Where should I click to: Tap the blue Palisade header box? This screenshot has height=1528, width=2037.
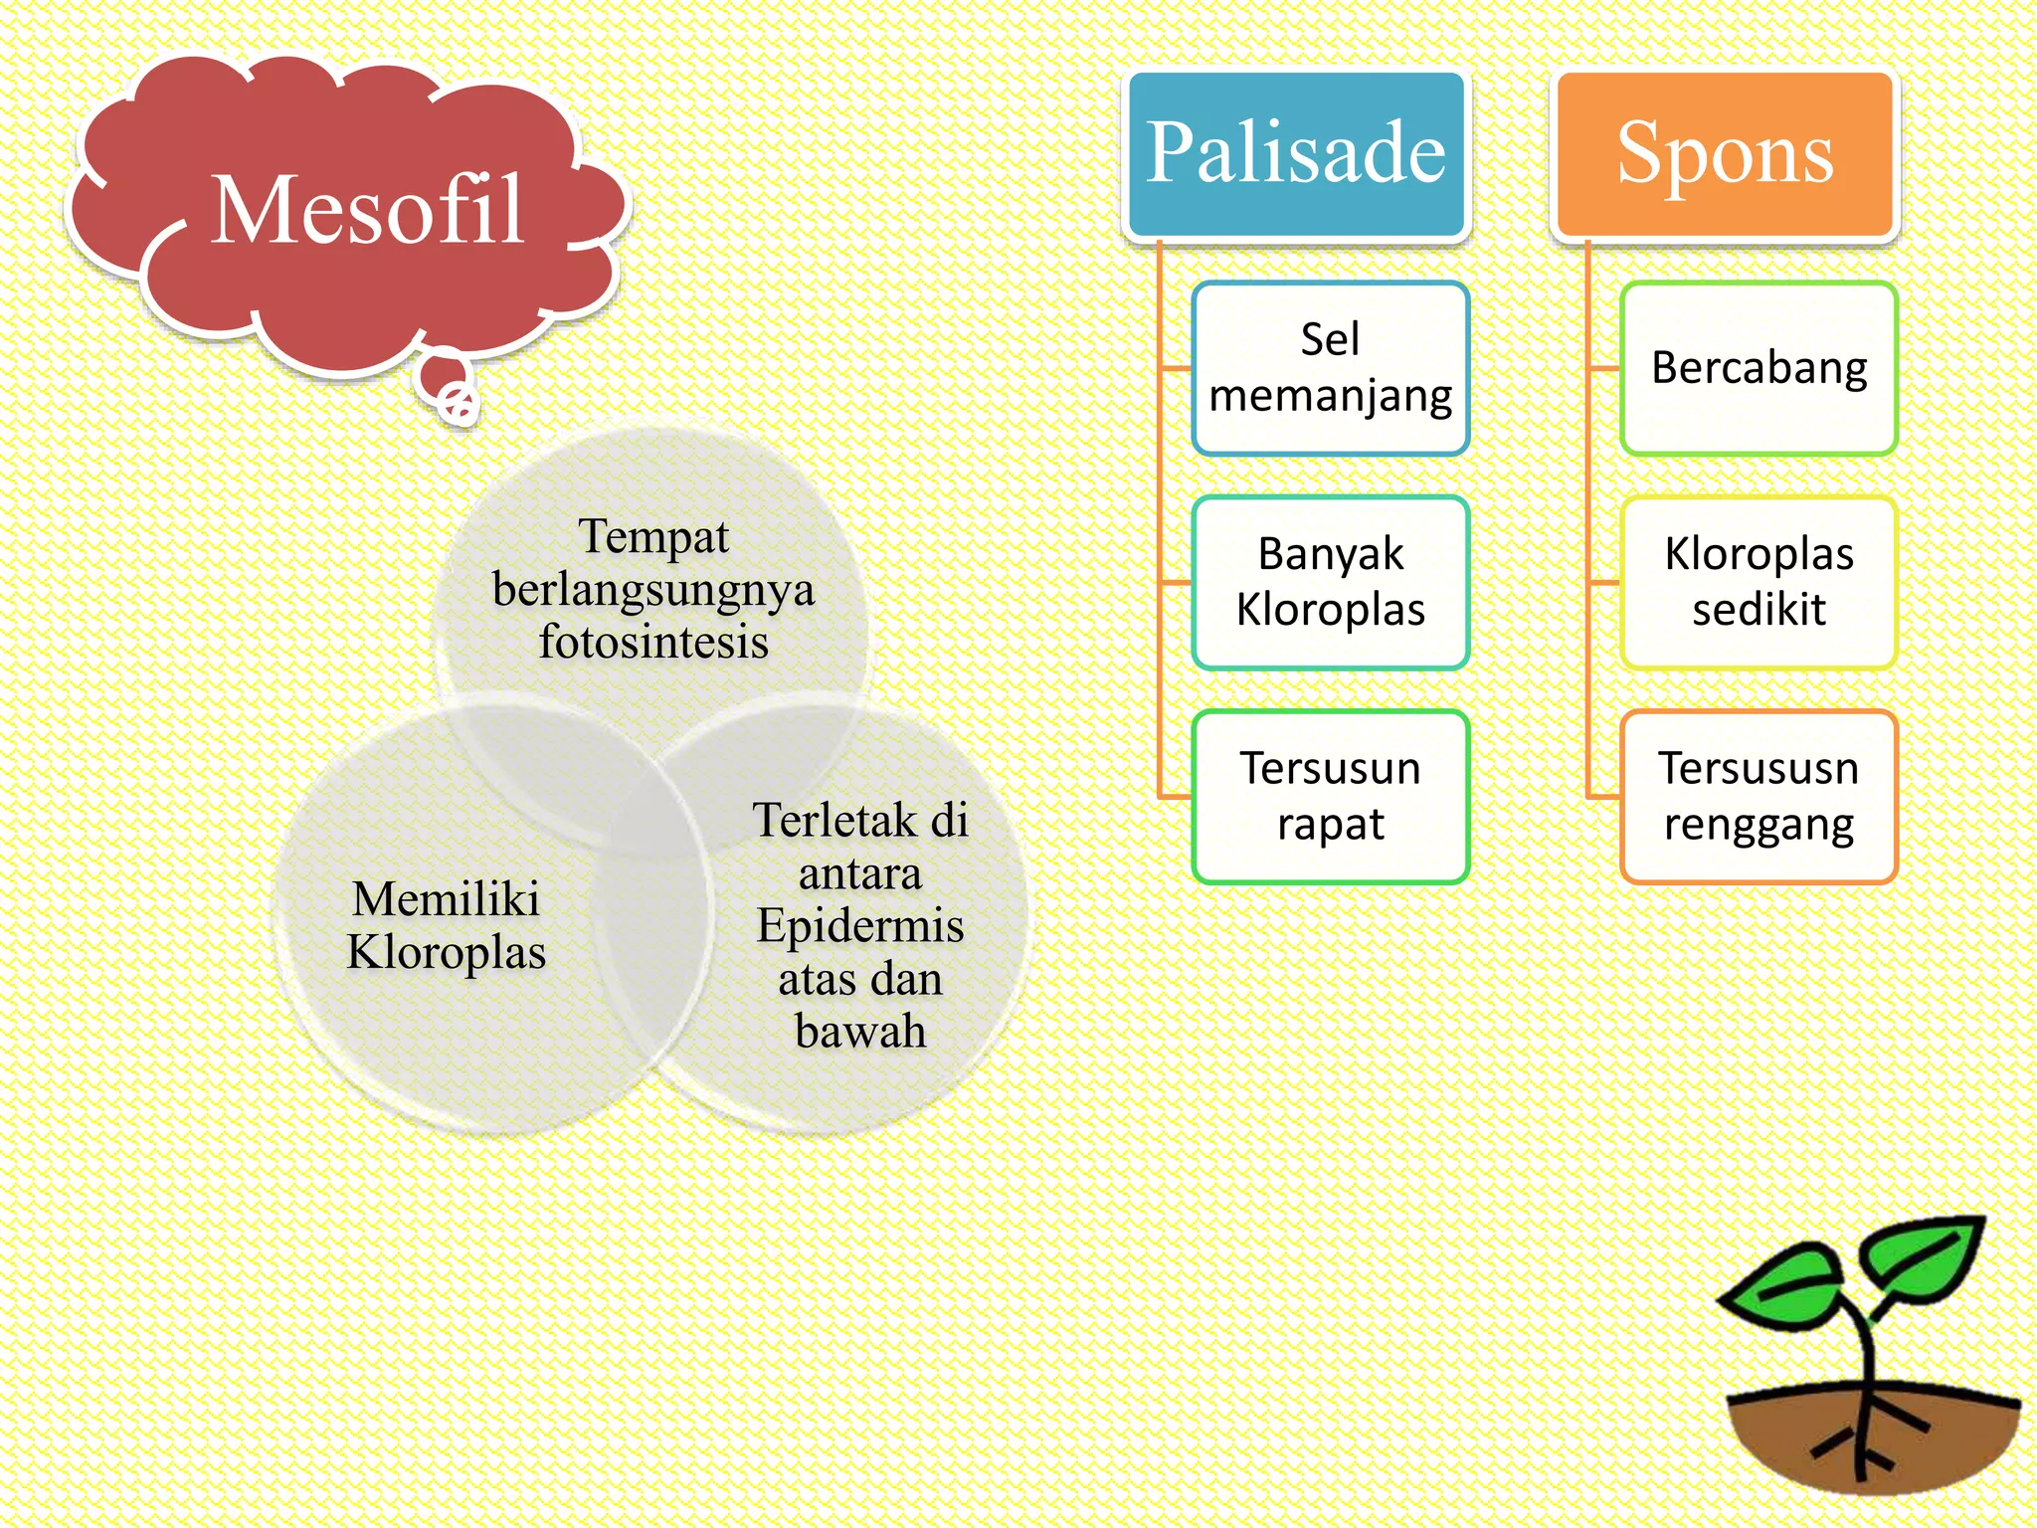tap(1295, 154)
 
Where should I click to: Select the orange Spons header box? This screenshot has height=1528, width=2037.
tap(1725, 154)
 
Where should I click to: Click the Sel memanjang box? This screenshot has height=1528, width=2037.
tap(1330, 368)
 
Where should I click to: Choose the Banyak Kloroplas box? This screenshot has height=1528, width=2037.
tap(1330, 582)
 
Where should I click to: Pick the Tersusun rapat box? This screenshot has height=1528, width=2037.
tap(1330, 796)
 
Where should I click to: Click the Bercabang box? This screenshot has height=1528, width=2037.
tap(1759, 368)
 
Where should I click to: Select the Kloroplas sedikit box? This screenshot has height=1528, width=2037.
tap(1759, 582)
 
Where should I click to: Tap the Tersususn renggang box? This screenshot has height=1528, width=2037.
tap(1759, 796)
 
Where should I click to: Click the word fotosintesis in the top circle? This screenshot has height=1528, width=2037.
tap(653, 642)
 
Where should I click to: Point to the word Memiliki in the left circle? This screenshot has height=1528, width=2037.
tap(446, 898)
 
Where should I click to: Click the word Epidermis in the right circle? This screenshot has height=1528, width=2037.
tap(860, 925)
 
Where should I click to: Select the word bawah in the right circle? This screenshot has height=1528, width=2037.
tap(860, 1031)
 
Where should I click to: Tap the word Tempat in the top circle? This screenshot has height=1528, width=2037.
tap(653, 536)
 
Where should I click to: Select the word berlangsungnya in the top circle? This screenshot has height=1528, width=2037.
tap(653, 589)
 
